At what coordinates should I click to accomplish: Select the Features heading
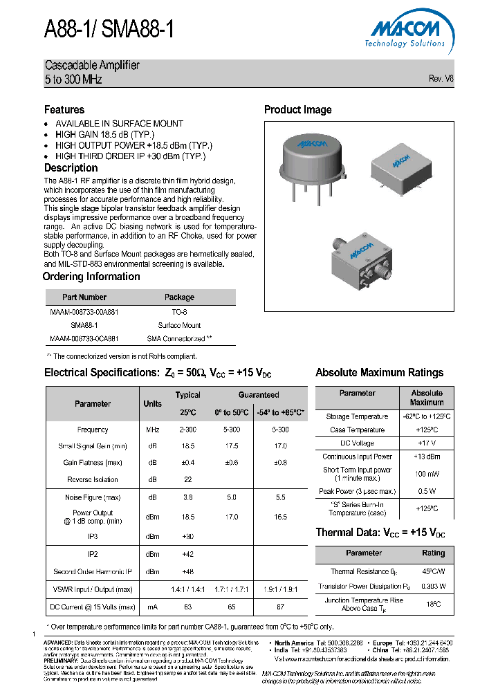(x=64, y=110)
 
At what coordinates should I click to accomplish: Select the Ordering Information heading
(x=91, y=277)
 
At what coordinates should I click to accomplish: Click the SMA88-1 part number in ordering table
(x=84, y=325)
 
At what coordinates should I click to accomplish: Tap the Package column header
(x=179, y=297)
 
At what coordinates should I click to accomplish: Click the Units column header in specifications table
(x=152, y=404)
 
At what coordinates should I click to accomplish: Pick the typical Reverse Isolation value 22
(x=187, y=479)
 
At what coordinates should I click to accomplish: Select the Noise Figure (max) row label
(x=93, y=497)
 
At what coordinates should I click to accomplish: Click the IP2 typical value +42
(x=187, y=554)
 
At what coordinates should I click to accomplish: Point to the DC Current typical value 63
(x=187, y=607)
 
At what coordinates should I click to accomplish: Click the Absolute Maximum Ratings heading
(x=379, y=373)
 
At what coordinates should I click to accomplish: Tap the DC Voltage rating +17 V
(x=427, y=443)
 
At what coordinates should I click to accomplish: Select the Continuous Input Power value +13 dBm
(x=427, y=457)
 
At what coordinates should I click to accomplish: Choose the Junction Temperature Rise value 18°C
(x=433, y=604)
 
